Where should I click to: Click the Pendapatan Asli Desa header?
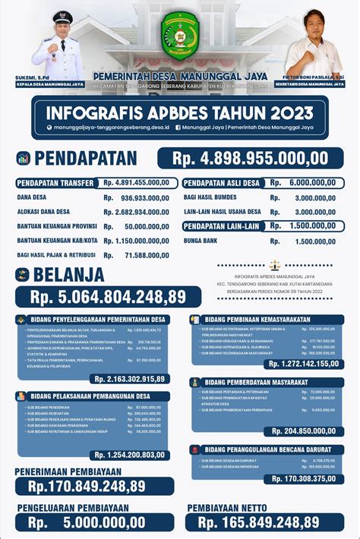pos(222,183)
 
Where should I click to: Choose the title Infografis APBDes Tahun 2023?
pos(180,112)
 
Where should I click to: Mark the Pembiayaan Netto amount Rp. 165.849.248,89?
pos(259,522)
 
